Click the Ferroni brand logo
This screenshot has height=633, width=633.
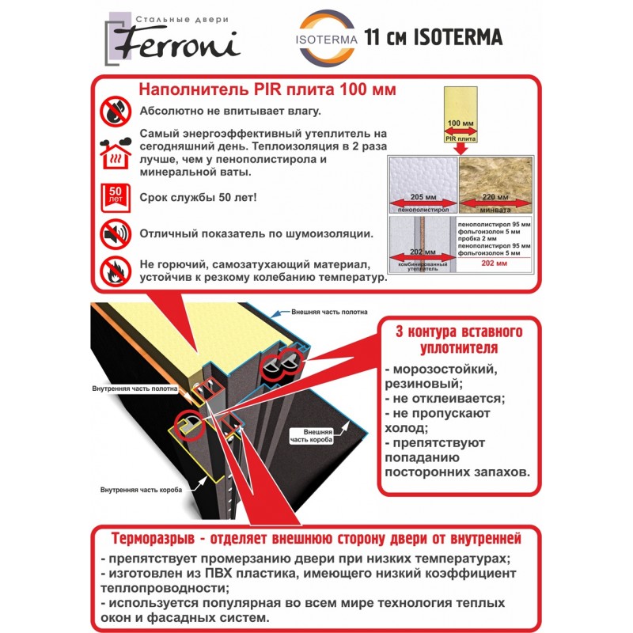[x=172, y=39]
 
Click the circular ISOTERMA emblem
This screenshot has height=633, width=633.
[x=327, y=37]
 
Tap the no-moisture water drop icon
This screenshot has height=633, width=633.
[x=116, y=112]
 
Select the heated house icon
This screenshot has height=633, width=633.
[x=116, y=154]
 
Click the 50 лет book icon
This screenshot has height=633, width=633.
[x=116, y=197]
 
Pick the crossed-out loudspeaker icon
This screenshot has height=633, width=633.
[x=116, y=234]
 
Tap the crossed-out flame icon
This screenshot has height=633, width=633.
[x=116, y=271]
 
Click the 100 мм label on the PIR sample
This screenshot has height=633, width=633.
[x=461, y=123]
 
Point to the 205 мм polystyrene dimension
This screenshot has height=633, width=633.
[x=423, y=197]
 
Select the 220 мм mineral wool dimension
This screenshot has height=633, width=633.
[x=495, y=197]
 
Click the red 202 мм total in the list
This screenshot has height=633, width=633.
[x=494, y=263]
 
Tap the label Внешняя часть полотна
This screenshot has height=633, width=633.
[x=329, y=312]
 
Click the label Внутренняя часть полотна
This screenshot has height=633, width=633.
[x=135, y=389]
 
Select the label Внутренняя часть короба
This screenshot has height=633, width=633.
[x=142, y=490]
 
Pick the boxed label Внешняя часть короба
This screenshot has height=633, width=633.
[x=311, y=436]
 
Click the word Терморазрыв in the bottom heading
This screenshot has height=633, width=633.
[x=153, y=539]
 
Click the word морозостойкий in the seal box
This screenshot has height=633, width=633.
[x=445, y=370]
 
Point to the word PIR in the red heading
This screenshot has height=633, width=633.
[x=268, y=89]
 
